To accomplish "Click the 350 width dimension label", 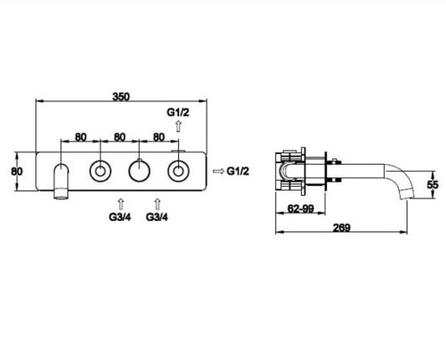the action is click(120, 96).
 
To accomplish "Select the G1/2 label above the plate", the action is click(177, 112).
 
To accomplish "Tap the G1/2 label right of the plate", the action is click(238, 171).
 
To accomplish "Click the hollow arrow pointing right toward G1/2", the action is click(218, 171).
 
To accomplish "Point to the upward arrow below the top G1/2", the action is click(178, 126).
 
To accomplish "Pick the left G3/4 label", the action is click(120, 217).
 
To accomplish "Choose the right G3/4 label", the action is click(157, 217).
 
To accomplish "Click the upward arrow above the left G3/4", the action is click(120, 204).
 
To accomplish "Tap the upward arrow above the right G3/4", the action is click(157, 204).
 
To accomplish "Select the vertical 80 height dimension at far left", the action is click(17, 172).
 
